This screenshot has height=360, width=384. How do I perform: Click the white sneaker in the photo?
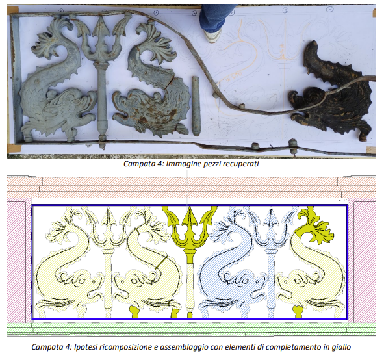tap(213, 35)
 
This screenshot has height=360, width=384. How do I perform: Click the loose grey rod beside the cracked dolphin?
tap(196, 106)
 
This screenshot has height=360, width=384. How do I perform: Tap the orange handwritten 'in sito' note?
tap(234, 76)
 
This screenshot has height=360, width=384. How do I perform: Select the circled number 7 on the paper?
tap(329, 10)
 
